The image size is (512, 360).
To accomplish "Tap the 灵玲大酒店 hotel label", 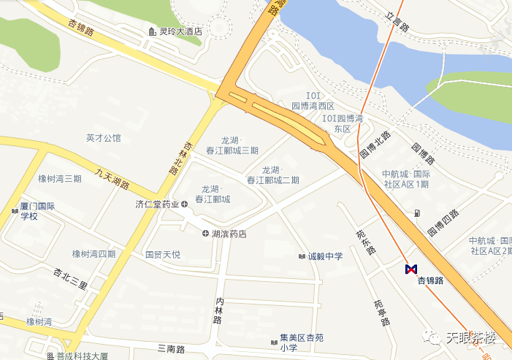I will pos(175,31).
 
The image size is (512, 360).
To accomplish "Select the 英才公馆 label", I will pos(103,137).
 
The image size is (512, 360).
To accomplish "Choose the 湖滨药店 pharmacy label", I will pos(229,234).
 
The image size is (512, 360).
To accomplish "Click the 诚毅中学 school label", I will pos(324,256).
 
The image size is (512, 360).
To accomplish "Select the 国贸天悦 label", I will pos(162,255).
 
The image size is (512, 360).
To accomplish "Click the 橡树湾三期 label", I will pos(60,179).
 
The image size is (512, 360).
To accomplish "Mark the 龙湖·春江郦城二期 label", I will pos(272,175).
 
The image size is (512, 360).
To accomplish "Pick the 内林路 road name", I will pos(218,310).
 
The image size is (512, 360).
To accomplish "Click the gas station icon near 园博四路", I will pos(417,213).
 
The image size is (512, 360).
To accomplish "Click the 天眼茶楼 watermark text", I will pos(470,337).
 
